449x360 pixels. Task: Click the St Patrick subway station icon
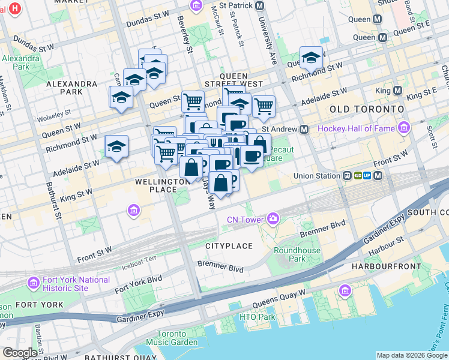[259, 6]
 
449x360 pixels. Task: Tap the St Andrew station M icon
[304, 130]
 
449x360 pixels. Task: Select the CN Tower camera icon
[274, 218]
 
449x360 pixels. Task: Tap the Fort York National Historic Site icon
[34, 281]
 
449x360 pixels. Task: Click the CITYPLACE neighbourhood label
[227, 246]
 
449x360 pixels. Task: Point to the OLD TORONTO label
[367, 109]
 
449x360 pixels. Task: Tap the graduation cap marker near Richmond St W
[311, 58]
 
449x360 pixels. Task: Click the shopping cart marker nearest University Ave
[264, 106]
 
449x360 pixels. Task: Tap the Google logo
[20, 353]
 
